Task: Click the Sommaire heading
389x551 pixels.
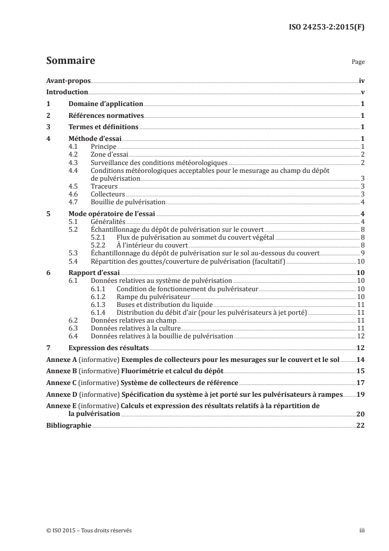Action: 70,61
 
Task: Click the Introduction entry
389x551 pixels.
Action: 67,92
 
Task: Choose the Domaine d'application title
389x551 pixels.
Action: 105,104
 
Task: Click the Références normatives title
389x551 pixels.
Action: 106,116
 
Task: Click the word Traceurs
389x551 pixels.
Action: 104,186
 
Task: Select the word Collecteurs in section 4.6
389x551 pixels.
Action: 108,194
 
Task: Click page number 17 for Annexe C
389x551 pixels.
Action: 361,383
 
